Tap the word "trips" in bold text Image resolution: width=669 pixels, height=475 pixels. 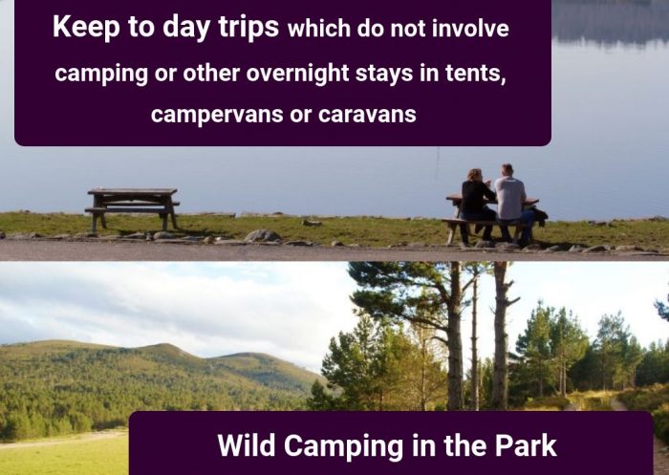248,27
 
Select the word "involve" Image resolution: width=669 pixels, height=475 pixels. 470,29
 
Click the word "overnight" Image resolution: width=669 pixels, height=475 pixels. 297,73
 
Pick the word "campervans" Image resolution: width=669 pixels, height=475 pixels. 217,115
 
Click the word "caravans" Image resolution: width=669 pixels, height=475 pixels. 367,115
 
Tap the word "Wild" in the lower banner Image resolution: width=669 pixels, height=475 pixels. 247,445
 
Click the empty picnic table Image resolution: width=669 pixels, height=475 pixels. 133,209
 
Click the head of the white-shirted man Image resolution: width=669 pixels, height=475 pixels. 507,170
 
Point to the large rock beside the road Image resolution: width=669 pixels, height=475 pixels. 262,235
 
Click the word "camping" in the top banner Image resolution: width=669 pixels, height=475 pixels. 101,74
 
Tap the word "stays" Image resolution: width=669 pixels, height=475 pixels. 384,74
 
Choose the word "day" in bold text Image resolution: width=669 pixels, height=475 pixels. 186,27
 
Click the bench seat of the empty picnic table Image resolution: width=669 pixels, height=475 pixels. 132,209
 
